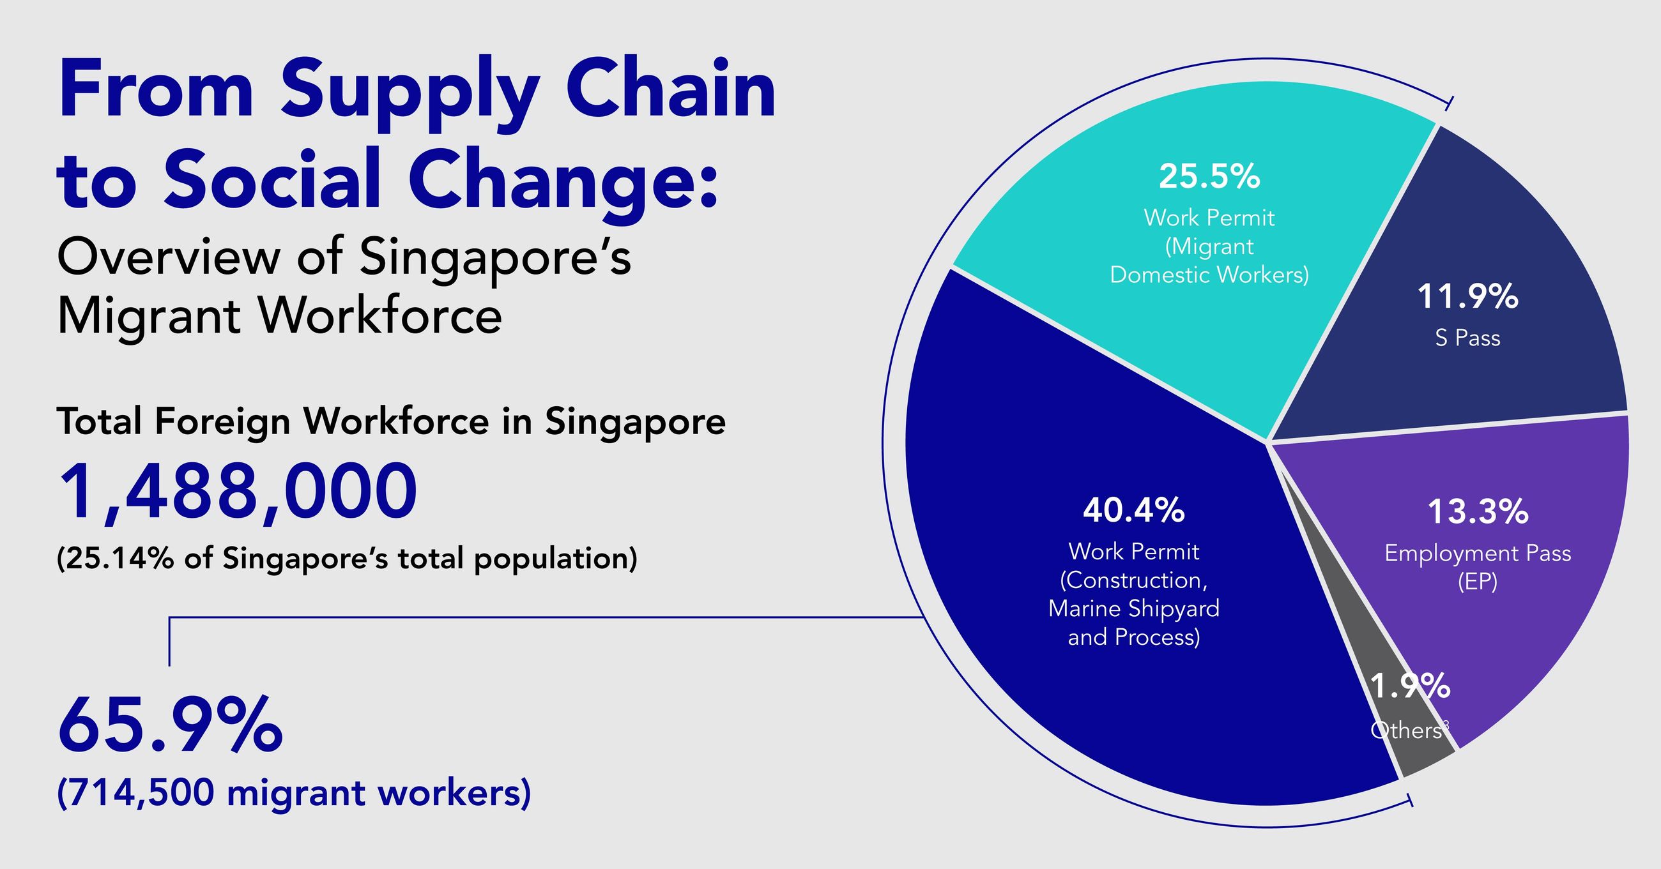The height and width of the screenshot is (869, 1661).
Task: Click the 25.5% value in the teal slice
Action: tap(1209, 176)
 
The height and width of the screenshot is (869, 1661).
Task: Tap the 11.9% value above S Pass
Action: tap(1467, 297)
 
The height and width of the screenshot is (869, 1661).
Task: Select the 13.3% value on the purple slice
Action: tap(1477, 512)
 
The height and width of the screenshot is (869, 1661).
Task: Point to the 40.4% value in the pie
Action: tap(1133, 511)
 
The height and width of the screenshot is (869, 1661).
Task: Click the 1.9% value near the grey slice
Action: tap(1410, 686)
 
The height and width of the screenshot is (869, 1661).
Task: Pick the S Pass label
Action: tap(1467, 338)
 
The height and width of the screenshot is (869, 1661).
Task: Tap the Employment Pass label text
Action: tap(1477, 554)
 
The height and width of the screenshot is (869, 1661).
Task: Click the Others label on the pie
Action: tap(1405, 730)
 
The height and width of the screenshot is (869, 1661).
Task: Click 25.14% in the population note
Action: tap(119, 558)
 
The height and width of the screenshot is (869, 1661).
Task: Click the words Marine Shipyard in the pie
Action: tap(1133, 608)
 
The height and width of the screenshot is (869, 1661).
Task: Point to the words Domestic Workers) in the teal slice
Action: tap(1209, 275)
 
